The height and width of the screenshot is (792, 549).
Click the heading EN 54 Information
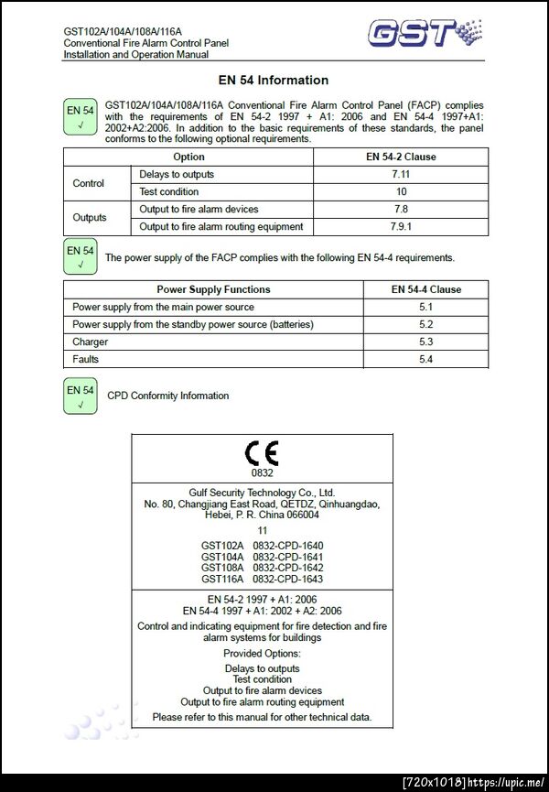(x=274, y=81)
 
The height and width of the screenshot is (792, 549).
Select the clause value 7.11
(x=401, y=174)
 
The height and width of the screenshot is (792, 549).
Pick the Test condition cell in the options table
(x=169, y=191)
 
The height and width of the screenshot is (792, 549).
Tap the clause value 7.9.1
(x=401, y=226)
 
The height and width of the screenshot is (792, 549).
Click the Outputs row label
(x=89, y=218)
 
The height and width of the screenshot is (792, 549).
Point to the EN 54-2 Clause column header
(x=401, y=157)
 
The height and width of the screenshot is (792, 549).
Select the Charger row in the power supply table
(x=91, y=342)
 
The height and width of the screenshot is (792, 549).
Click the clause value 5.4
(x=425, y=359)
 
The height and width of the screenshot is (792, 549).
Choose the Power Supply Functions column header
(x=213, y=289)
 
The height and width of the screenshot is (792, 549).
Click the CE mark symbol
(x=262, y=453)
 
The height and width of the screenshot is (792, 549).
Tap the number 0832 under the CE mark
(x=262, y=473)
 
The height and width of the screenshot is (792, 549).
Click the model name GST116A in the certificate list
(x=222, y=579)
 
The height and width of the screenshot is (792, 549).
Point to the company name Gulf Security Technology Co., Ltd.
(x=262, y=492)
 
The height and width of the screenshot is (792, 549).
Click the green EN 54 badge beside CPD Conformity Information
(x=81, y=396)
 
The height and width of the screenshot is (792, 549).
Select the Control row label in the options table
(x=89, y=183)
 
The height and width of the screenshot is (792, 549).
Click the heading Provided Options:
(x=262, y=654)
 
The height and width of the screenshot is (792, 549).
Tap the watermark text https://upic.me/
(x=508, y=782)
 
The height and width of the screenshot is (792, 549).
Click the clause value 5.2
(x=425, y=324)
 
